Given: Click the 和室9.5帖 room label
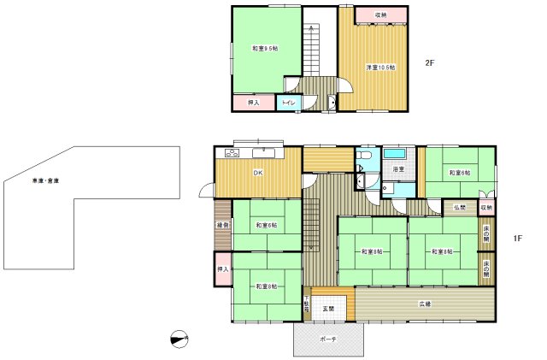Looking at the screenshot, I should point(262,49).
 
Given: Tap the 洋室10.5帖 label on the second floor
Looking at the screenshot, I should point(380,67).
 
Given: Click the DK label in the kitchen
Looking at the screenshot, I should point(256,175).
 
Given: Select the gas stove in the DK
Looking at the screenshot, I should point(231,153).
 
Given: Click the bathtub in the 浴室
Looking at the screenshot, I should point(394,154).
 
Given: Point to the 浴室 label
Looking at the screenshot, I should point(398,170).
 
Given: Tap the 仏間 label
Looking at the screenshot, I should point(460,208).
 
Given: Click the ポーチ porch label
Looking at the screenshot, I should point(328,339).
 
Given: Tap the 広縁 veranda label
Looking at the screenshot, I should point(425,304).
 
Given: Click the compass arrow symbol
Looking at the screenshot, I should point(179,340).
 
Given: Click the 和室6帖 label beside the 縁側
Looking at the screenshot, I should point(265,226).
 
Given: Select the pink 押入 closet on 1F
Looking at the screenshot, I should point(222,269).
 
